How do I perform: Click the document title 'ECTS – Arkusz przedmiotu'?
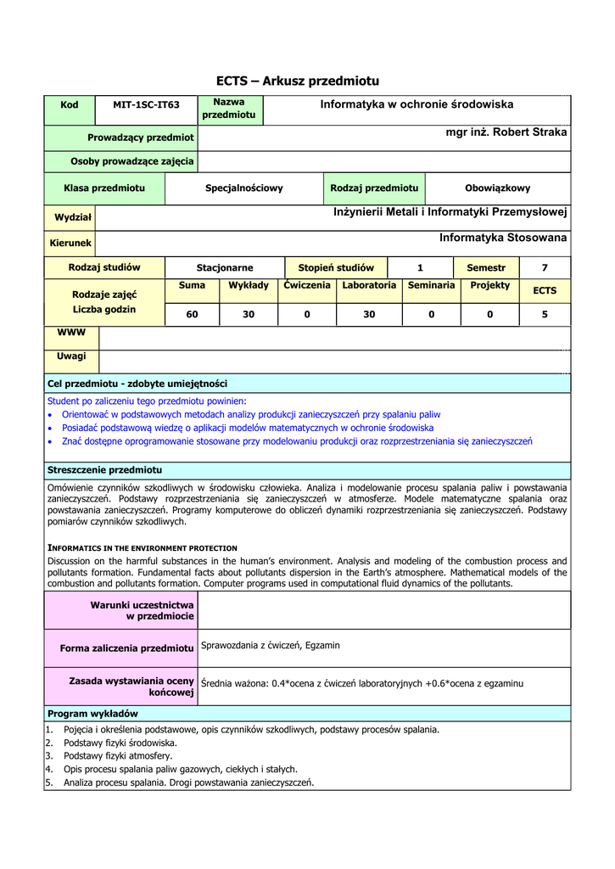click(297, 81)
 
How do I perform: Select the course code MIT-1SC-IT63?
click(147, 105)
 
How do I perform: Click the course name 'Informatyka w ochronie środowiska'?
click(417, 104)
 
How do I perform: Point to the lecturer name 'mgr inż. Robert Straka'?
click(506, 132)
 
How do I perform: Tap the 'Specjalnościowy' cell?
click(244, 188)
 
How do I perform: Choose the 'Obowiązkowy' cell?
click(497, 188)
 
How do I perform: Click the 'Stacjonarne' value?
click(225, 268)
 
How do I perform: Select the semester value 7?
click(545, 268)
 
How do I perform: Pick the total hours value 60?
click(192, 314)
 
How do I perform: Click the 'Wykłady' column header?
click(249, 286)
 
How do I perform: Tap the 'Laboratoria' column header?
click(369, 286)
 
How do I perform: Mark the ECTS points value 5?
click(545, 314)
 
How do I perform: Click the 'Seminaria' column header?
click(431, 286)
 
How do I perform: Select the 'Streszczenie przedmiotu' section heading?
click(104, 470)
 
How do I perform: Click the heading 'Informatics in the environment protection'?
click(143, 548)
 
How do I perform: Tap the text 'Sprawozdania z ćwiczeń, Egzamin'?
click(270, 646)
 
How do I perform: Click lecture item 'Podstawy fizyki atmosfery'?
click(118, 756)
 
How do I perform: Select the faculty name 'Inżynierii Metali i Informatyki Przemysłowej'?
click(450, 211)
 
